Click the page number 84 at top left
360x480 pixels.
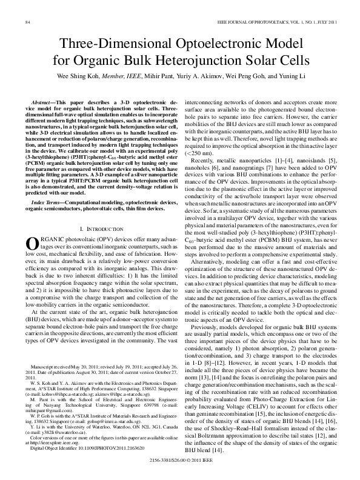[27, 22]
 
